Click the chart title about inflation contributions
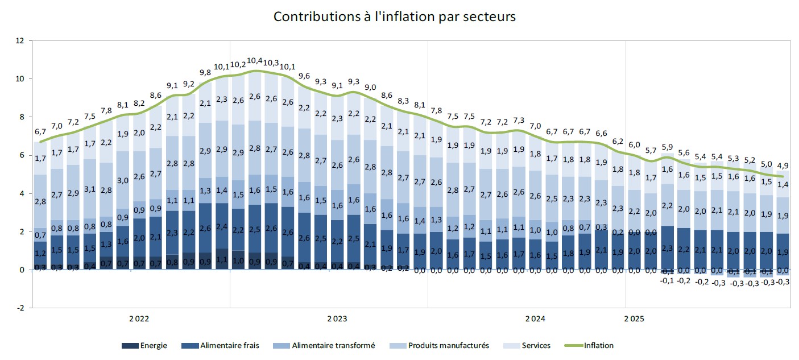point(394,16)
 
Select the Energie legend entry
point(145,345)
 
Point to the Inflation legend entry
point(591,345)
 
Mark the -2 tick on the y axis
point(20,308)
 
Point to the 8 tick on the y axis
point(21,117)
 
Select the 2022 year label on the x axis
point(139,318)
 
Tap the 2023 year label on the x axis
point(337,318)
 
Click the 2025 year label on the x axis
point(634,318)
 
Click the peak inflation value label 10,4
point(255,61)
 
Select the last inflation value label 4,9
point(783,166)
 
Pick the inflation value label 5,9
point(668,147)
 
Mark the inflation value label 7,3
point(519,121)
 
